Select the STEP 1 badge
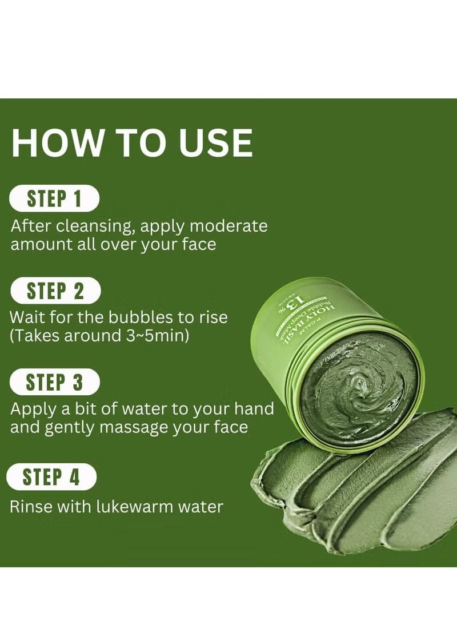(54, 199)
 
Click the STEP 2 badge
(55, 291)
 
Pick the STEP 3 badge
(54, 382)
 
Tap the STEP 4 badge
(51, 477)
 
